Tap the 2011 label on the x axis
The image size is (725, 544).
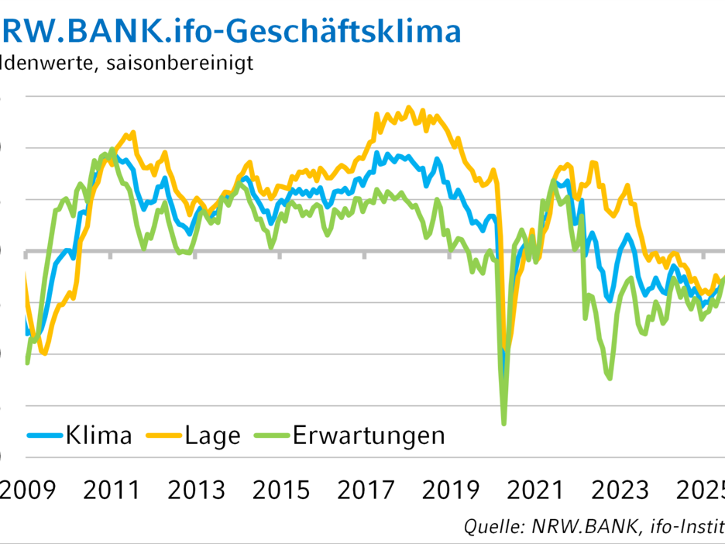pos(110,491)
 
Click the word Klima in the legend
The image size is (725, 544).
pos(99,435)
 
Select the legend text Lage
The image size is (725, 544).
pos(213,435)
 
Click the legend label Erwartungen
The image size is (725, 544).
pos(369,435)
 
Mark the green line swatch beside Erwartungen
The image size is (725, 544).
pos(272,436)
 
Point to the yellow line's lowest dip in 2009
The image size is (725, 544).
pos(44,354)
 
